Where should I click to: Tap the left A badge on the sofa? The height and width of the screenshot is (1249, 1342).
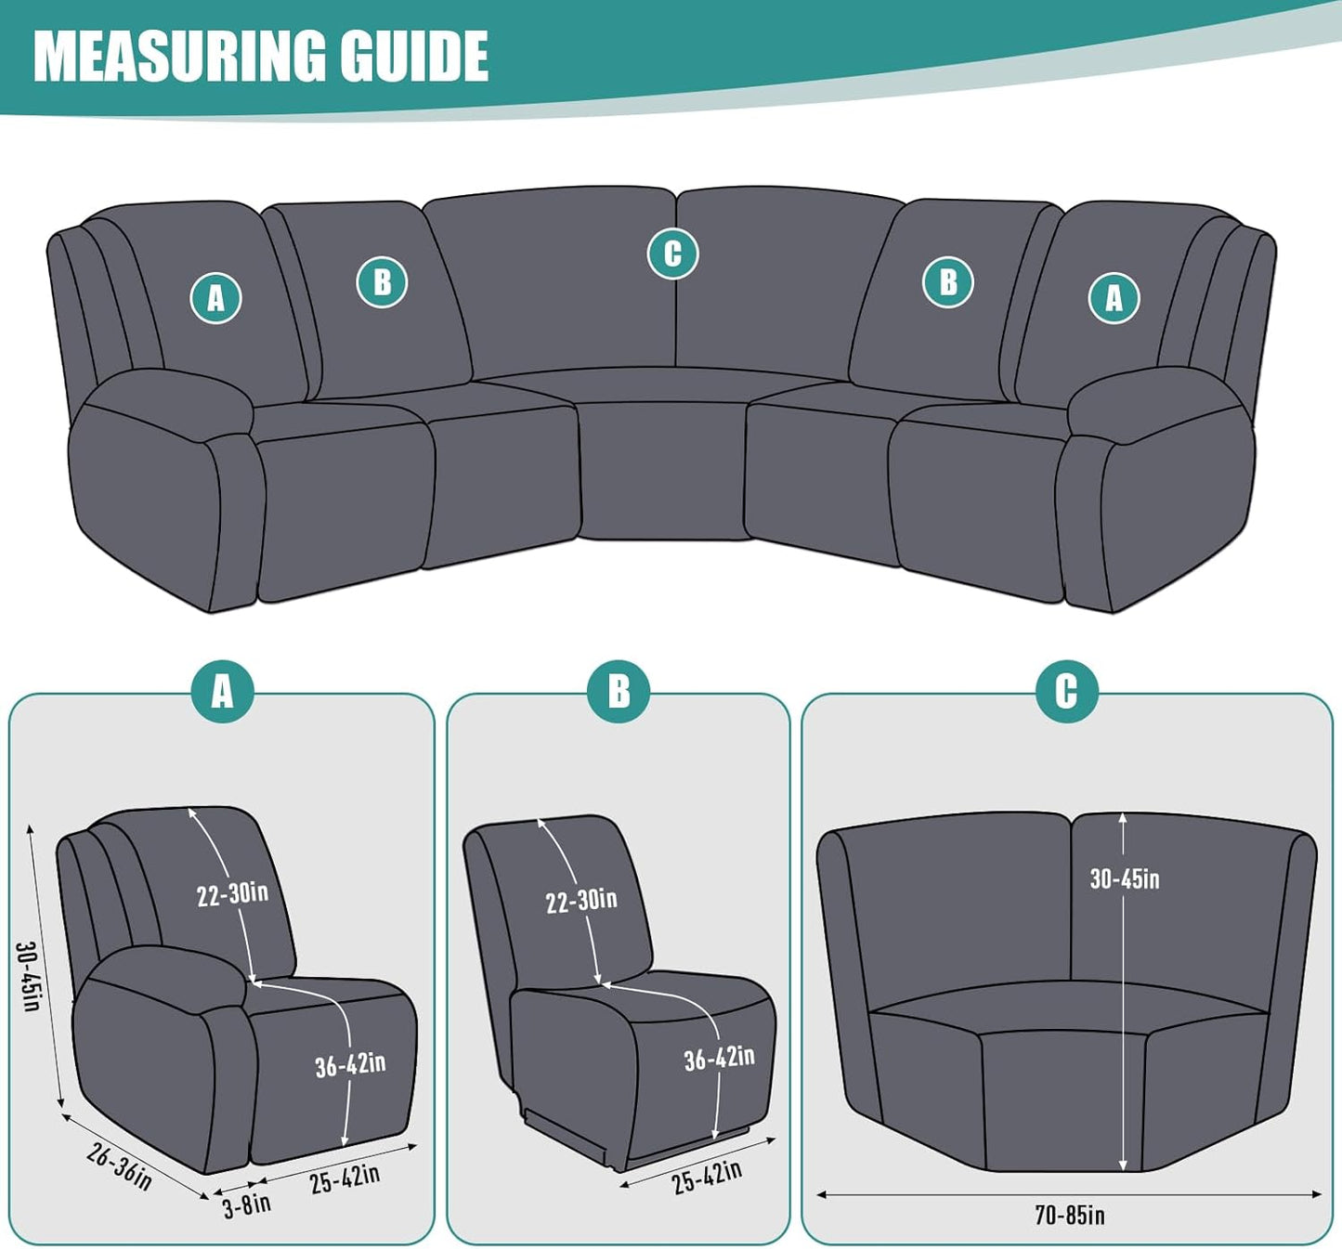(x=215, y=298)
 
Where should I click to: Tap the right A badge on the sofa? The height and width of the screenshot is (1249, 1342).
(x=1114, y=298)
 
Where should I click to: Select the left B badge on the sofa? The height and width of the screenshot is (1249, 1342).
(x=382, y=282)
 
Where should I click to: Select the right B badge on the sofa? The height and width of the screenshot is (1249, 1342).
(x=947, y=282)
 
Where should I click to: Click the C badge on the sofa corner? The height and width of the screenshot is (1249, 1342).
(x=672, y=254)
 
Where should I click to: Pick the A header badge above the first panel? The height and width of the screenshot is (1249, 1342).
(x=222, y=692)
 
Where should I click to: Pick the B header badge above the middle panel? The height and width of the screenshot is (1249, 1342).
(x=619, y=692)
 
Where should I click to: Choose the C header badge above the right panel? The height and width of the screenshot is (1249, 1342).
(x=1066, y=692)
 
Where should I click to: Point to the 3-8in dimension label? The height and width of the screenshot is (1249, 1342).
(x=247, y=1205)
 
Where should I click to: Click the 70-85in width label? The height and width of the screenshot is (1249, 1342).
(x=1070, y=1215)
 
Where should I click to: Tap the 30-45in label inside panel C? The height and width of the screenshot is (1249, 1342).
(x=1125, y=878)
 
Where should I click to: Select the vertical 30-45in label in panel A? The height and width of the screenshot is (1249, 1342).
(x=28, y=976)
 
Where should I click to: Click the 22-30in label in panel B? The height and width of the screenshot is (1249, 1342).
(x=581, y=900)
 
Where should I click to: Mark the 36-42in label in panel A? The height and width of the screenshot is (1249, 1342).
(x=350, y=1064)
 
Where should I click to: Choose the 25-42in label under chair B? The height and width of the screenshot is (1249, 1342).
(x=707, y=1177)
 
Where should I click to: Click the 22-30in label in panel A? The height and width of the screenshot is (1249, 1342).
(x=232, y=894)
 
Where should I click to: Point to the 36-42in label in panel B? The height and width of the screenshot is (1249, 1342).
(x=719, y=1058)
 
